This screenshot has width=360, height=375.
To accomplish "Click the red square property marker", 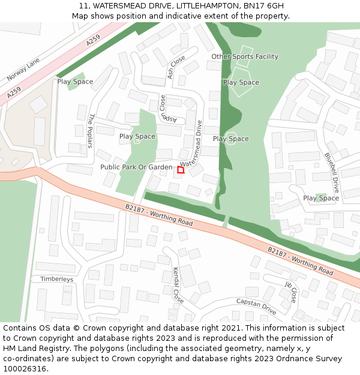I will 181,170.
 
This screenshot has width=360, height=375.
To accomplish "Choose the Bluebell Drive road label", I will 332,172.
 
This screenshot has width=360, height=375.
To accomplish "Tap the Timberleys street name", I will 56,279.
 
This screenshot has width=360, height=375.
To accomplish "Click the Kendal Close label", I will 178,284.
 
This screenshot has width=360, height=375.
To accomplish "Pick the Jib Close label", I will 291,291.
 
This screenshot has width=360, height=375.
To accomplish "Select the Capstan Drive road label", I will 256,307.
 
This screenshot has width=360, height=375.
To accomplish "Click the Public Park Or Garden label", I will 136,167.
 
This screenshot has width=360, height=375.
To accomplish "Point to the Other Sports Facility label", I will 245,56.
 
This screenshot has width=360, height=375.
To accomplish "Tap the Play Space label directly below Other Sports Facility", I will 241,82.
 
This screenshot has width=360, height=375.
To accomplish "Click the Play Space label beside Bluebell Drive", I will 321,198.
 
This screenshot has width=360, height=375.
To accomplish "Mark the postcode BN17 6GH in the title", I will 263,6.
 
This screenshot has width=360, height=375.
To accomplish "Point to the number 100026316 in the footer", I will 23,369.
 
